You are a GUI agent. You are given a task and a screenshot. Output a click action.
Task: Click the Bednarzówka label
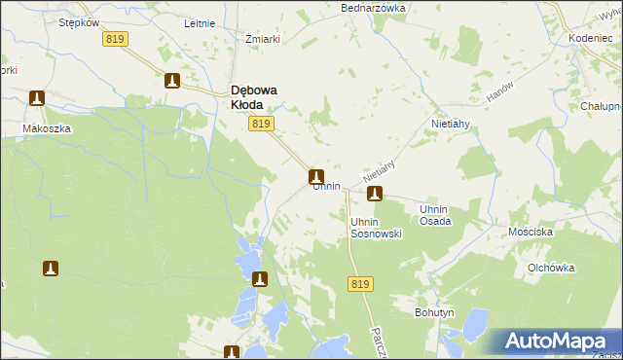[373, 8]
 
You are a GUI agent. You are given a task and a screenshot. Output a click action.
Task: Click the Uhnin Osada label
[434, 215]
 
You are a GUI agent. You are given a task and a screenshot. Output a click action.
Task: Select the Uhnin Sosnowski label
[376, 228]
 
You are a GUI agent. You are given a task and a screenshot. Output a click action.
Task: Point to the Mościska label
[531, 234]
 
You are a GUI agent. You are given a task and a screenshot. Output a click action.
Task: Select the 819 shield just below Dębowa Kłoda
[261, 124]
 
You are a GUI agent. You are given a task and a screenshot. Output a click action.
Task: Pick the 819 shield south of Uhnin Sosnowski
[359, 283]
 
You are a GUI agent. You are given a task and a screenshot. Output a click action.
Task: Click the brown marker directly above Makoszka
[37, 98]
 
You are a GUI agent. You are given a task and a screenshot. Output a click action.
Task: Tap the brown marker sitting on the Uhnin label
[316, 177]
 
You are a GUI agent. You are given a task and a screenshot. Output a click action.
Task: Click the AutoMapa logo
[557, 342]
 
